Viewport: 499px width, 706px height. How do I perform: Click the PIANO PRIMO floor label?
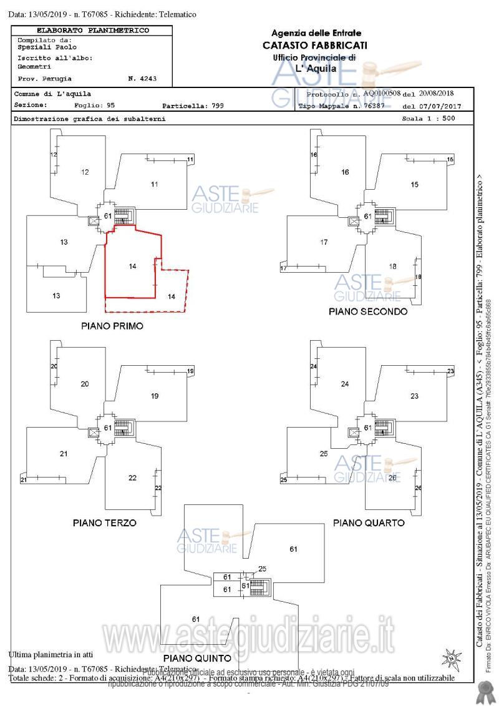pyautogui.click(x=112, y=326)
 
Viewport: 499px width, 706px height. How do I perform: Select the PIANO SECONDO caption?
pyautogui.click(x=368, y=311)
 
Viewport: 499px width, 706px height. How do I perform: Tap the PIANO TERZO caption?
pyautogui.click(x=105, y=522)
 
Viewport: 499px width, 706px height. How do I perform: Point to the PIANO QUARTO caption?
pyautogui.click(x=369, y=522)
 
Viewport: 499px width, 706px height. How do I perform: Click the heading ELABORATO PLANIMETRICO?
pyautogui.click(x=93, y=30)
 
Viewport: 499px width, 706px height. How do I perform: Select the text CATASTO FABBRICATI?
pyautogui.click(x=315, y=45)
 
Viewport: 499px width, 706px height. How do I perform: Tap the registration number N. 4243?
pyautogui.click(x=142, y=79)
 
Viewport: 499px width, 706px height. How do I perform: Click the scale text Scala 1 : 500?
pyautogui.click(x=429, y=118)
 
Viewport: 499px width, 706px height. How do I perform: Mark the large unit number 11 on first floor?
pyautogui.click(x=154, y=184)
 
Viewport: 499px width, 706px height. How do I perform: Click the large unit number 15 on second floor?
pyautogui.click(x=415, y=184)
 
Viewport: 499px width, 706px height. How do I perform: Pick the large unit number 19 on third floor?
pyautogui.click(x=155, y=396)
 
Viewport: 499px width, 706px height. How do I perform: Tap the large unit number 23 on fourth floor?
pyautogui.click(x=415, y=396)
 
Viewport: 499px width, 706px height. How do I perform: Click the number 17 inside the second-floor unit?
pyautogui.click(x=324, y=242)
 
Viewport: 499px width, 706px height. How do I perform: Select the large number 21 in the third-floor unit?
pyautogui.click(x=63, y=454)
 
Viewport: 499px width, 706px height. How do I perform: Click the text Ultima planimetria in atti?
pyautogui.click(x=51, y=655)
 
